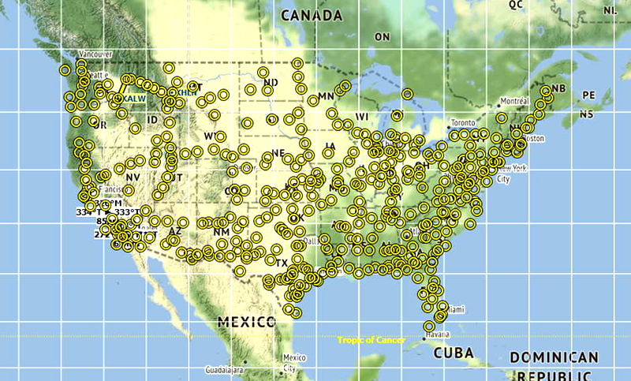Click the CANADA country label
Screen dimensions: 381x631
pos(312,16)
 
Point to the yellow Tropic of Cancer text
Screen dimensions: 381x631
pos(371,341)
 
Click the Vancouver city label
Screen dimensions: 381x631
pos(95,54)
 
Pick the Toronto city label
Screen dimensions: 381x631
pos(463,123)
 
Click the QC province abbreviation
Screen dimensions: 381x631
pos(516,5)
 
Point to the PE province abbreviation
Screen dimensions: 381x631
pos(588,95)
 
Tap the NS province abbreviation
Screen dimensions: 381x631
pos(585,114)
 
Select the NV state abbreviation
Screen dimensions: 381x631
pos(132,178)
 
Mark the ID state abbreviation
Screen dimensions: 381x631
pos(152,120)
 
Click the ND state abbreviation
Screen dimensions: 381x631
pos(271,83)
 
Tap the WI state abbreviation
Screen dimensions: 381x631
pos(362,117)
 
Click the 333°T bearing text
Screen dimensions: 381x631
pos(127,212)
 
